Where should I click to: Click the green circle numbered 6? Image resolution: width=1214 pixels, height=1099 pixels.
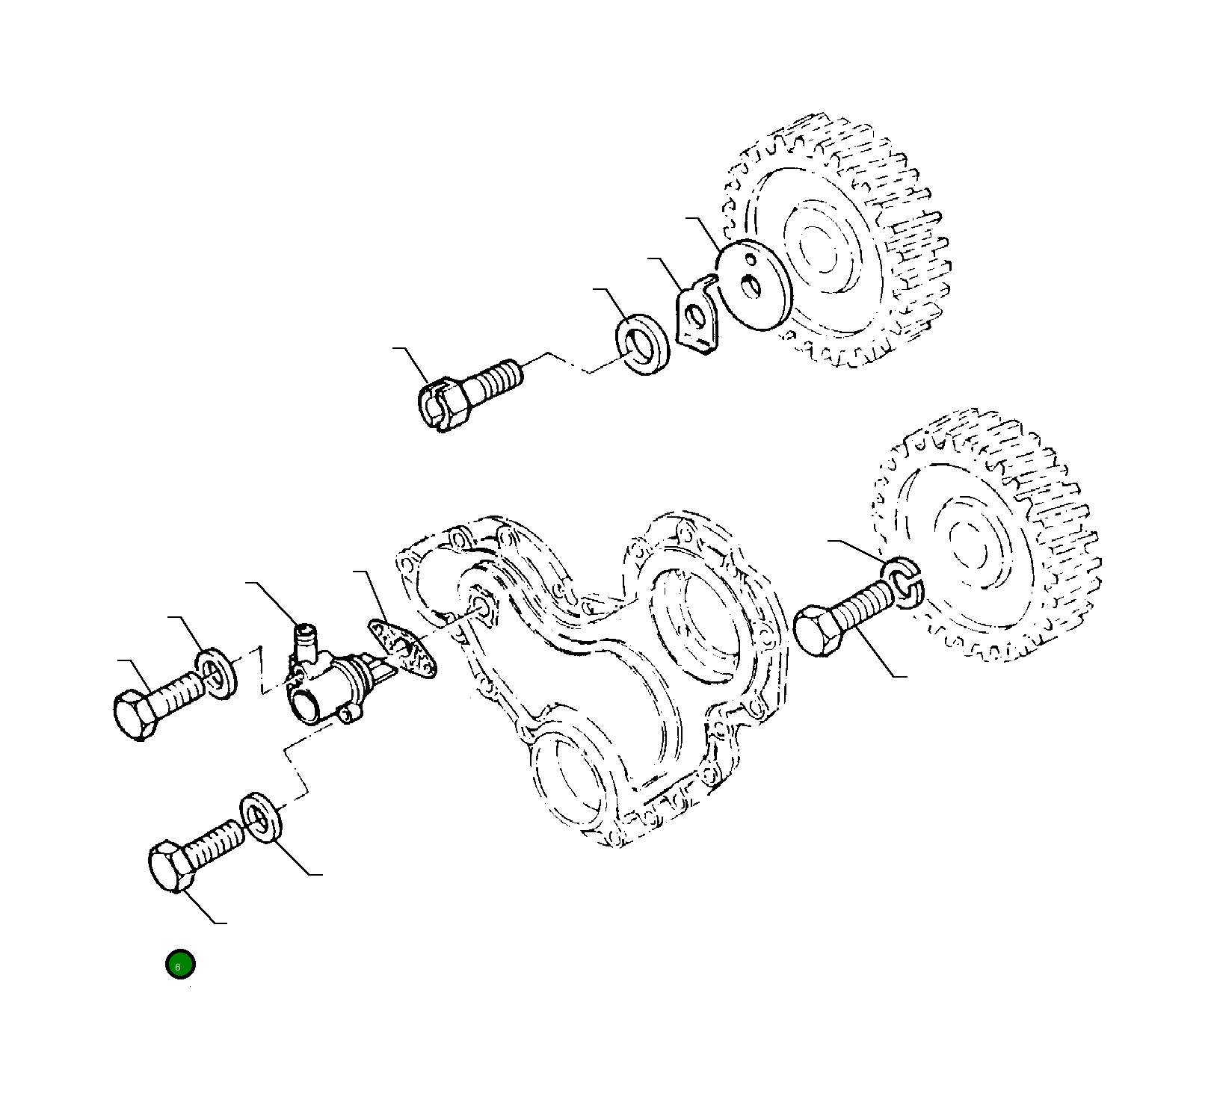[179, 964]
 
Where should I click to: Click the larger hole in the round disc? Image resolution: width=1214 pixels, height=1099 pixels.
[750, 285]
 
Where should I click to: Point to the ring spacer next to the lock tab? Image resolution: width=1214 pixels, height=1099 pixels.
[644, 344]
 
